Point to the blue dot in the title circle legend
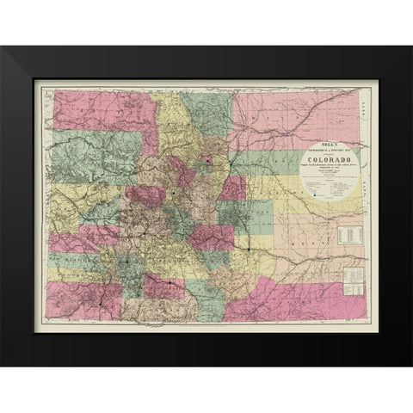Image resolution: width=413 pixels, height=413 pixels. pos(317,195)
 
